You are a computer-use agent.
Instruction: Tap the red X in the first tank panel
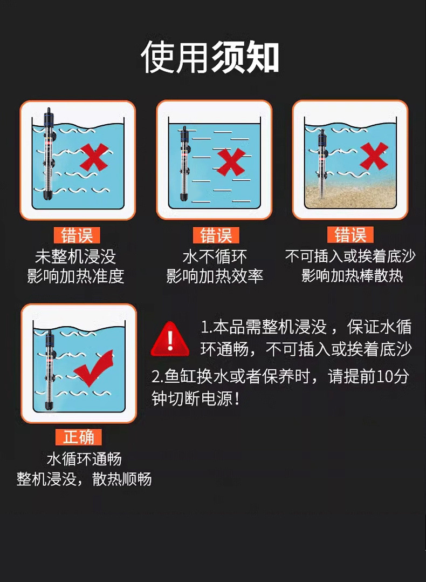tap(93, 157)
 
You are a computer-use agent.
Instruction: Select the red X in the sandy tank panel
tap(374, 155)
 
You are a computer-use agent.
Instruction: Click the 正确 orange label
tap(79, 437)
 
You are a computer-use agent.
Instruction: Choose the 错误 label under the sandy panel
tap(351, 235)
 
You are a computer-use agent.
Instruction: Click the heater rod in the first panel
tap(47, 154)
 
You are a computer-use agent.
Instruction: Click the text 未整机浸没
tap(75, 256)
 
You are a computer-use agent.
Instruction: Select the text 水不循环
tap(215, 256)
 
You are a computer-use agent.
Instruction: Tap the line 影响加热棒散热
tap(352, 276)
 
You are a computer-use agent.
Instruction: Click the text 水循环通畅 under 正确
tap(84, 459)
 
